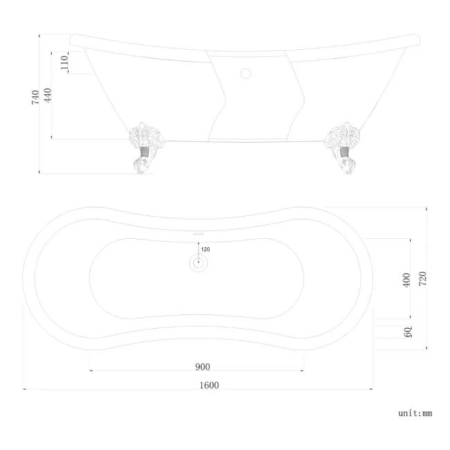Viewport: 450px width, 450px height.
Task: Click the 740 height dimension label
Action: click(x=35, y=98)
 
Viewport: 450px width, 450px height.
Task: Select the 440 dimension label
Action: click(x=48, y=96)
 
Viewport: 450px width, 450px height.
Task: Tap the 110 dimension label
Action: click(x=64, y=62)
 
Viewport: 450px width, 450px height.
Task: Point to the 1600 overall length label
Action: click(x=208, y=385)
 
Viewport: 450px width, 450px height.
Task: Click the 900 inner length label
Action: click(x=202, y=367)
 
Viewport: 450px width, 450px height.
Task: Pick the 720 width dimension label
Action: click(x=422, y=278)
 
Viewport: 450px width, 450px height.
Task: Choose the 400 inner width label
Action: click(x=406, y=280)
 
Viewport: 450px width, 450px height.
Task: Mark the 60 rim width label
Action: click(x=408, y=332)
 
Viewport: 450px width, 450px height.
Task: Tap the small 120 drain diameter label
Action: click(x=205, y=249)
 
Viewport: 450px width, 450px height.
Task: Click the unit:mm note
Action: click(x=415, y=413)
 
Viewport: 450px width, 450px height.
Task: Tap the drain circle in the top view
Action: click(x=199, y=262)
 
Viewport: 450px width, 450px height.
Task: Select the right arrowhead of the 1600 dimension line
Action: click(x=372, y=390)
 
